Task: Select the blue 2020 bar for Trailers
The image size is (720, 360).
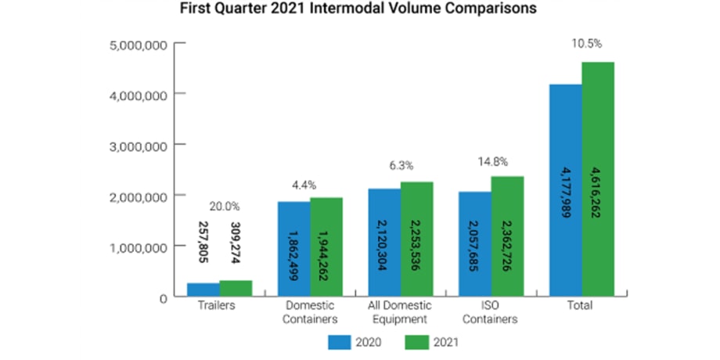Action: (x=203, y=290)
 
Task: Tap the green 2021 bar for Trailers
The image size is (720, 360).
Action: (x=236, y=288)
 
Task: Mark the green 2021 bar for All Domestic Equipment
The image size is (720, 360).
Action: (x=416, y=239)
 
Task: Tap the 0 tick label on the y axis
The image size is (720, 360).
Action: (x=163, y=297)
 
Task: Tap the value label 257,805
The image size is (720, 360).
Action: (x=203, y=242)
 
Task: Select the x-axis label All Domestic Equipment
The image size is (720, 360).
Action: (x=401, y=311)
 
